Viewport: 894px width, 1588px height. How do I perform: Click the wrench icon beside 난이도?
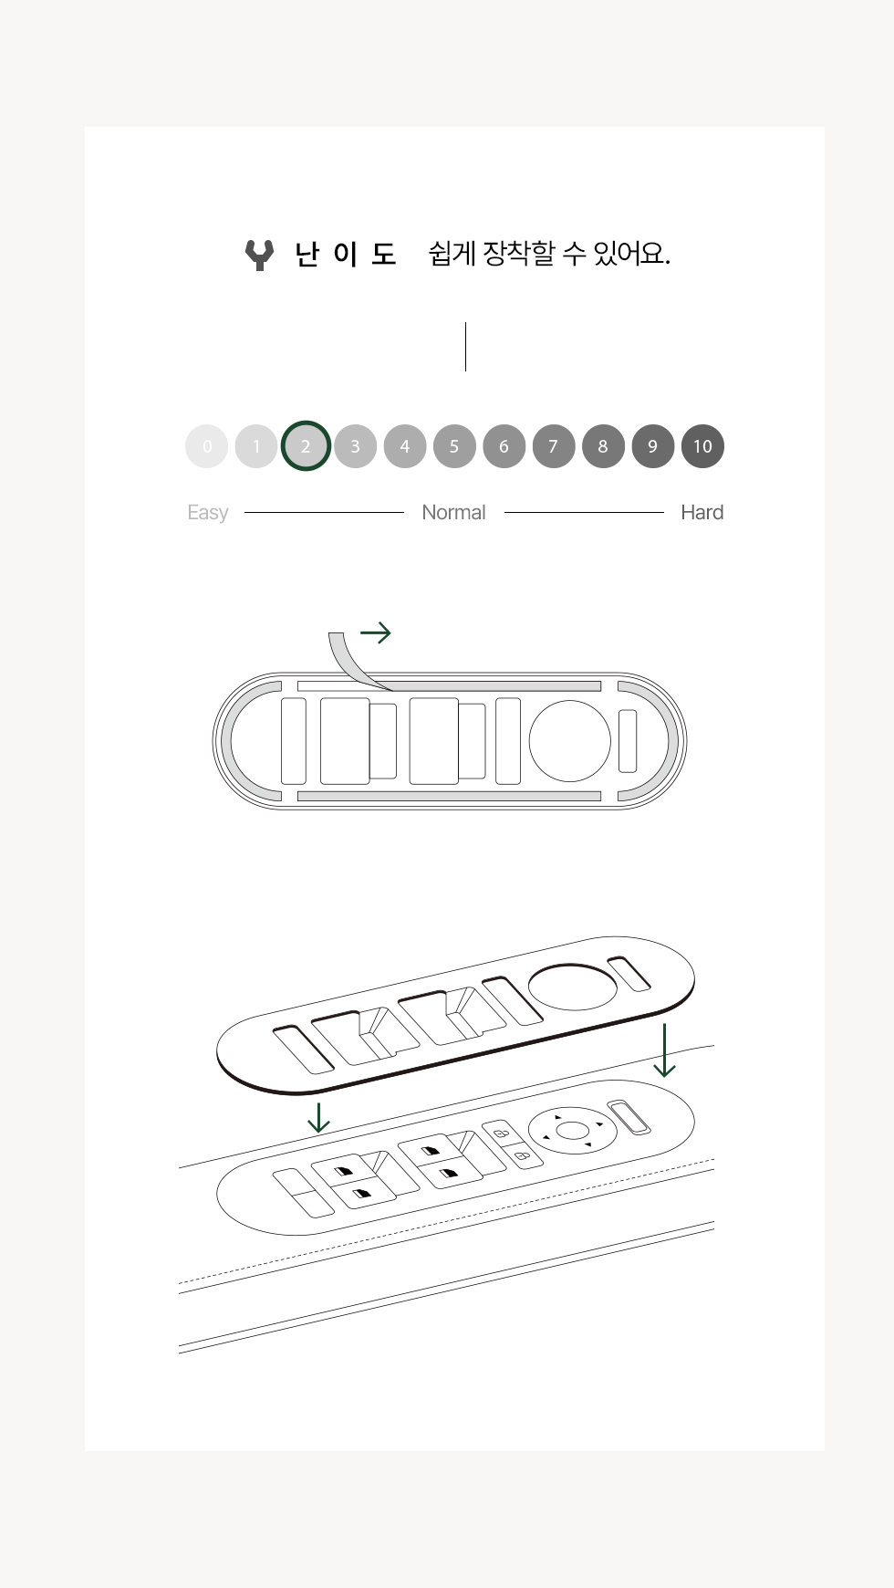point(260,255)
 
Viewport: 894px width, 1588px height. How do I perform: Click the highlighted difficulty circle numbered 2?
point(306,446)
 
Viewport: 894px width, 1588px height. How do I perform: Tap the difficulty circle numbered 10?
point(702,446)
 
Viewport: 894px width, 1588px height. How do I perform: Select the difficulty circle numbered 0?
point(207,446)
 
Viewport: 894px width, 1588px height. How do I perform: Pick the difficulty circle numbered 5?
point(454,446)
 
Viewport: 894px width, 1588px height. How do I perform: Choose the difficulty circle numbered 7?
point(554,446)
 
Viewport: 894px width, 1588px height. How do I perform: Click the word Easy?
point(208,513)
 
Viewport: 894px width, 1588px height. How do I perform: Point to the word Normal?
point(453,512)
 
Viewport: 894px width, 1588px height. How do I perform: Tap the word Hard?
point(702,512)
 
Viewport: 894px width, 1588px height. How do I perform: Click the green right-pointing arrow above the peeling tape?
point(376,632)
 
